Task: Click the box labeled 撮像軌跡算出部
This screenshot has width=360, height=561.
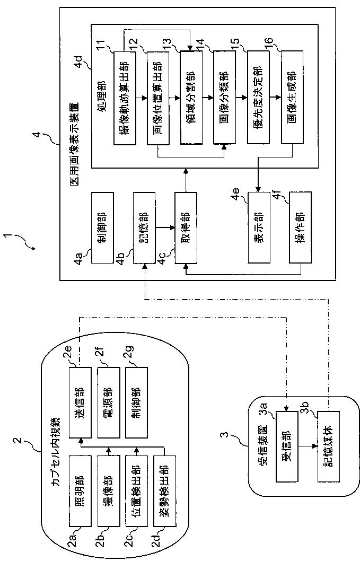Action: coord(125,98)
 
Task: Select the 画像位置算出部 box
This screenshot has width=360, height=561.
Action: coord(158,98)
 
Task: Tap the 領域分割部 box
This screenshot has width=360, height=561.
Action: coord(191,98)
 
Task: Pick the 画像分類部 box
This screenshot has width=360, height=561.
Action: coord(224,98)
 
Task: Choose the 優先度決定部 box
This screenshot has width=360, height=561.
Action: coord(258,98)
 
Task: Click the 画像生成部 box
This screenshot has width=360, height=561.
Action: coord(292,98)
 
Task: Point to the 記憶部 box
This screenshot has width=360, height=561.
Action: coord(144,228)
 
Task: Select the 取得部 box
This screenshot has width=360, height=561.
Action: coord(186,228)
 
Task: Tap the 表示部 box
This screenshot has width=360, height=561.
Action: coord(259,228)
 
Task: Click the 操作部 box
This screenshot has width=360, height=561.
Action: coord(300,228)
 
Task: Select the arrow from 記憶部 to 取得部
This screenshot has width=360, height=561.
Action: coord(165,227)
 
